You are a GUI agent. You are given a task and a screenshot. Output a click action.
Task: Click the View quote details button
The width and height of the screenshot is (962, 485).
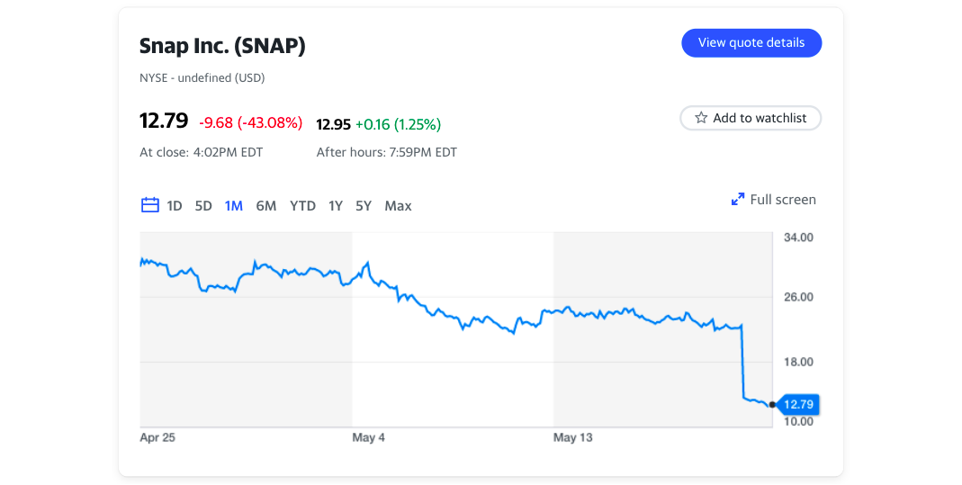751,42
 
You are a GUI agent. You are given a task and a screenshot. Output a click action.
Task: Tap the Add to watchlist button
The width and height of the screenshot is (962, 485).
751,118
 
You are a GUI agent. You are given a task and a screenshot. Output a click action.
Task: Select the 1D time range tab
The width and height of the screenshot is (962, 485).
175,206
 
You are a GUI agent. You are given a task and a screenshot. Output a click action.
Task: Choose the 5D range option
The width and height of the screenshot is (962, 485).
204,206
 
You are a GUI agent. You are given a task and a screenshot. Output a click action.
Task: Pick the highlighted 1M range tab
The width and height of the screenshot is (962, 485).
234,206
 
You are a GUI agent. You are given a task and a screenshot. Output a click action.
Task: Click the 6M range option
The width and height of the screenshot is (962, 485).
265,206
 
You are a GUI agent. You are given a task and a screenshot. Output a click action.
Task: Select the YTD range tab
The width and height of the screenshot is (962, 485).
302,206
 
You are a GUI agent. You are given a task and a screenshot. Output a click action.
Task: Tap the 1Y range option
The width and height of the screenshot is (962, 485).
336,206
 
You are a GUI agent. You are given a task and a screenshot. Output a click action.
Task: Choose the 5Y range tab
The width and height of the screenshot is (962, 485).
364,206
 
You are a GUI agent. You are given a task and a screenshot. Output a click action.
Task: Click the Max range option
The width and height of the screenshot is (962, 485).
398,206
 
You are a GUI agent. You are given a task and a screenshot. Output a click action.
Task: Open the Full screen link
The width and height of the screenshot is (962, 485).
774,200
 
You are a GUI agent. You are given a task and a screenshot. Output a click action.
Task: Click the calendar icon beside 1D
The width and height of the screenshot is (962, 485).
150,205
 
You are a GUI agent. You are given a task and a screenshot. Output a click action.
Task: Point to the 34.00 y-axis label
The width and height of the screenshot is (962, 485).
798,238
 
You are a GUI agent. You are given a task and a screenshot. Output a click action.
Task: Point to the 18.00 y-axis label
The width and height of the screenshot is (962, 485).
798,362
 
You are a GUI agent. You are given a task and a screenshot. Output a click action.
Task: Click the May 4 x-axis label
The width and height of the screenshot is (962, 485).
369,438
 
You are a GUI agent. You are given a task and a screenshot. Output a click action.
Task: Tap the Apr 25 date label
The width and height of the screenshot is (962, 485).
157,438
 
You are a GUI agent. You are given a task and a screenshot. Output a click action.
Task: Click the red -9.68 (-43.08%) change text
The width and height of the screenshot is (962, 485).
250,122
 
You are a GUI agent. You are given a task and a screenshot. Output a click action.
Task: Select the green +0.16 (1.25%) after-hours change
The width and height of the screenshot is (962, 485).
398,124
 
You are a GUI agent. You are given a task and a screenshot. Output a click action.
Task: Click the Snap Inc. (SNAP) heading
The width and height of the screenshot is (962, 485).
222,46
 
